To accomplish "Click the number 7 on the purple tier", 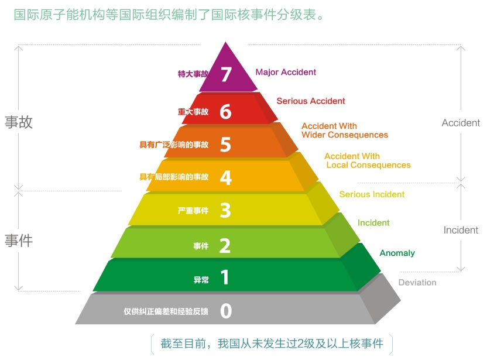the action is click(226, 74).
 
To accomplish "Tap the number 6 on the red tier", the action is click(225, 111).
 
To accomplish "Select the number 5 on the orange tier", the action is click(225, 145).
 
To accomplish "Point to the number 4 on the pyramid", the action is click(226, 178).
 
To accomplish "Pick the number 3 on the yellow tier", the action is click(225, 210).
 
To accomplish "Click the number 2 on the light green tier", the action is click(225, 246).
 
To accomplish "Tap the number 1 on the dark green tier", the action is click(225, 277).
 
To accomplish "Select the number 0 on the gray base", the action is click(226, 311).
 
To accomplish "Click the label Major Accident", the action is click(286, 73).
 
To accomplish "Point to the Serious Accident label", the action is click(311, 101).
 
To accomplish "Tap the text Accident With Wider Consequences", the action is click(345, 131).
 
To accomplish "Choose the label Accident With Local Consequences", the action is click(368, 160).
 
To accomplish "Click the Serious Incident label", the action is click(372, 194).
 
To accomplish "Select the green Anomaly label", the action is click(397, 253).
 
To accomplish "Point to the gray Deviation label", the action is click(417, 283).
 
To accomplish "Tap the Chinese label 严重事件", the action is click(193, 211).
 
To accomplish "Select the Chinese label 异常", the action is click(201, 280).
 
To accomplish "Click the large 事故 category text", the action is click(19, 122).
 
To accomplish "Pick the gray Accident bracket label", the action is click(461, 123).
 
